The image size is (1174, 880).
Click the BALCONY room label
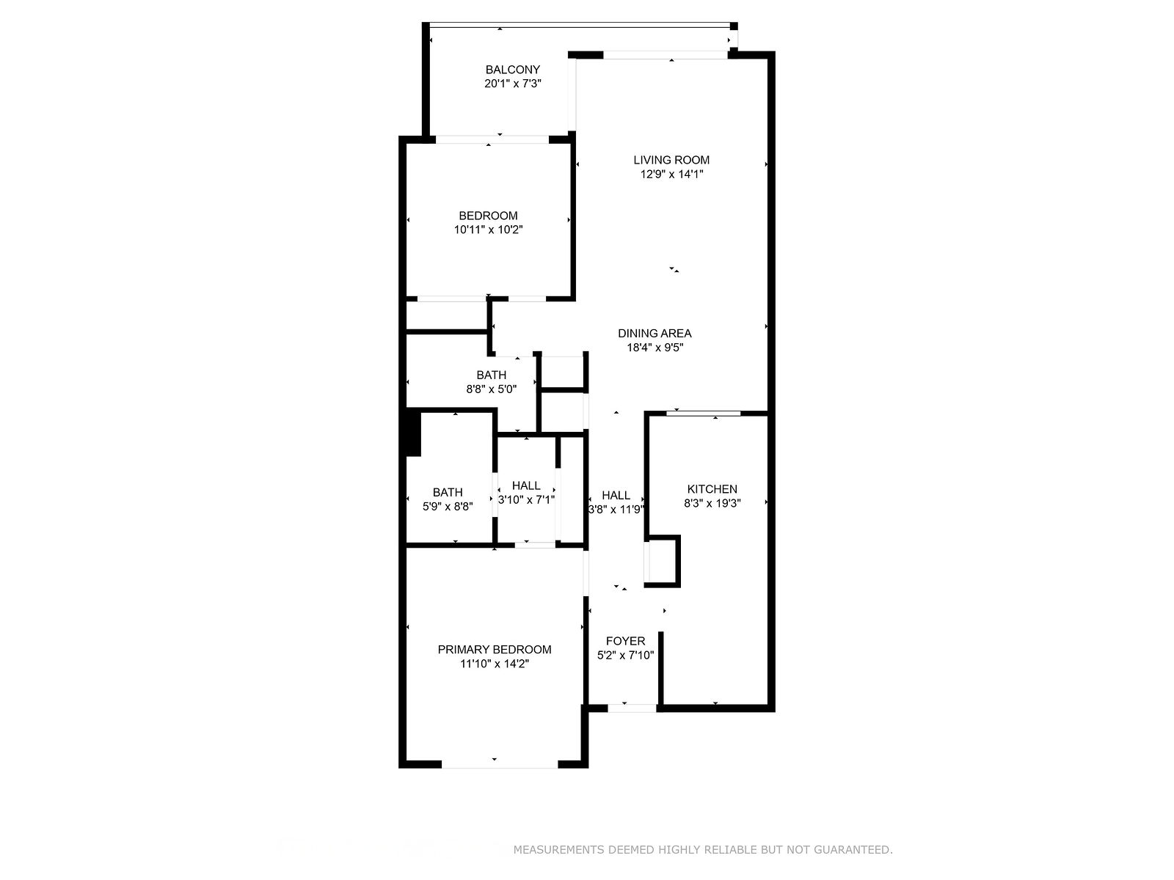point(512,70)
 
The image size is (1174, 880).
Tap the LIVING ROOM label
point(671,160)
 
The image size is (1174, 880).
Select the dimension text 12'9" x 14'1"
point(671,175)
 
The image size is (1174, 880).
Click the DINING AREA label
point(655,334)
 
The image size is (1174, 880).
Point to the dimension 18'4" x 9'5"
point(655,348)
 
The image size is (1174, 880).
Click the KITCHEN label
point(712,489)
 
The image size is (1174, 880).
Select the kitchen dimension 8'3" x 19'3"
point(712,503)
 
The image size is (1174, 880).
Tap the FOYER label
point(625,641)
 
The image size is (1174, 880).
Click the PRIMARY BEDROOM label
point(495,650)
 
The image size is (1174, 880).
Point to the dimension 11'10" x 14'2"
point(495,664)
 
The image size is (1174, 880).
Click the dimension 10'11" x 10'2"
point(488,230)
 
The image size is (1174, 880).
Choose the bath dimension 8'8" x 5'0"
point(491,389)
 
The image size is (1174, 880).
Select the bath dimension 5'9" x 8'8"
point(447,507)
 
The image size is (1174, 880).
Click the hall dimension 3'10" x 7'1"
point(526,500)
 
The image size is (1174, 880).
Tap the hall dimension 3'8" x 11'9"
point(616,510)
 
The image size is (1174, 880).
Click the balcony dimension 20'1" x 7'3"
point(512,84)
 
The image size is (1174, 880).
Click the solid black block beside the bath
point(413,433)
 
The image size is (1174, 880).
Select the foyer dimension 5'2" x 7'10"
point(625,656)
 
